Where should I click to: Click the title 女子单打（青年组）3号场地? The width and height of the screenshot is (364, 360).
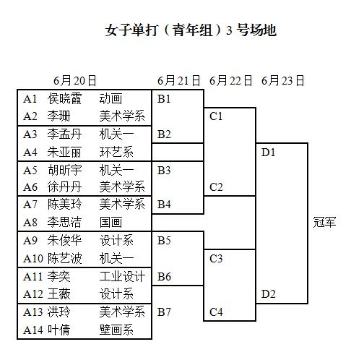(191, 30)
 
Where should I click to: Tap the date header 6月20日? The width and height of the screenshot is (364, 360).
(75, 80)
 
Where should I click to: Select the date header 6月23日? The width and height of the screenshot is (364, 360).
(283, 80)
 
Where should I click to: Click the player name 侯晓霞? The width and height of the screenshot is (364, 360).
(64, 98)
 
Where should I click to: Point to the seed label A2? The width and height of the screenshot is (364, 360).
(30, 116)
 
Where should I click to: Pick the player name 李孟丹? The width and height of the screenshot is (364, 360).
(64, 134)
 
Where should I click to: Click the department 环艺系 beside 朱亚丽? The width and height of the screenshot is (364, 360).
(116, 152)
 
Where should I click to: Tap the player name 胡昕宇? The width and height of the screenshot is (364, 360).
(64, 170)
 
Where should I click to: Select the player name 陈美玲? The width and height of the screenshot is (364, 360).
(64, 204)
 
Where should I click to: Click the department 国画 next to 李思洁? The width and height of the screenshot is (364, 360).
(110, 222)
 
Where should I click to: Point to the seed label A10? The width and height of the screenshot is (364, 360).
(33, 258)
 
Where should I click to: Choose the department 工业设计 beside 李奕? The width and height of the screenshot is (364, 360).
(122, 276)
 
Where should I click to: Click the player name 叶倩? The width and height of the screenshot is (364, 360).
(58, 330)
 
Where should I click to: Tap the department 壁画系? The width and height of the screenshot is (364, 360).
(116, 330)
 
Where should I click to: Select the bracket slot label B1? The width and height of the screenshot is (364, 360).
(164, 99)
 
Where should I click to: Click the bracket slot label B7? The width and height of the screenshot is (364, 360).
(164, 312)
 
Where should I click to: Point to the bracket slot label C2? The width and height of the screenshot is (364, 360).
(216, 187)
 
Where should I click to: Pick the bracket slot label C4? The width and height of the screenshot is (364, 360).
(216, 312)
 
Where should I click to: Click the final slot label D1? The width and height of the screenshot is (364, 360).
(268, 153)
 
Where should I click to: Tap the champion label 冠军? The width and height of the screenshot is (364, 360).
(324, 222)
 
